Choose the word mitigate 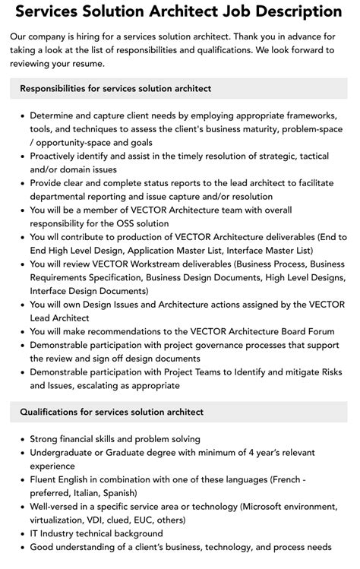270,372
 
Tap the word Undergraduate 65,453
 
